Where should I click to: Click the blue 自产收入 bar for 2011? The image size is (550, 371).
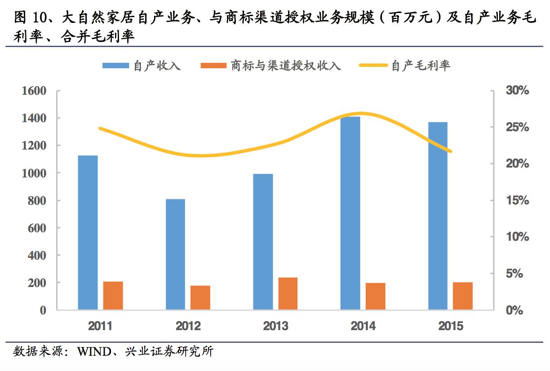pyautogui.click(x=88, y=232)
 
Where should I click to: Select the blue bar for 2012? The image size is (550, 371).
pyautogui.click(x=175, y=254)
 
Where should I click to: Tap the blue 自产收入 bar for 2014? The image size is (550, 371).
pyautogui.click(x=350, y=213)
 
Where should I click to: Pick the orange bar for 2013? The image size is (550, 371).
pyautogui.click(x=288, y=293)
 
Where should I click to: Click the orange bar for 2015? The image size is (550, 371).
pyautogui.click(x=462, y=296)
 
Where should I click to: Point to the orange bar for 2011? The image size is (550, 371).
pyautogui.click(x=113, y=295)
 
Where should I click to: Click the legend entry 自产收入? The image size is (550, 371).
pyautogui.click(x=141, y=66)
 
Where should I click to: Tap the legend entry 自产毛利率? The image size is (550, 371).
pyautogui.click(x=404, y=66)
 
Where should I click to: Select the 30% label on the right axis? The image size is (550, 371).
pyautogui.click(x=517, y=91)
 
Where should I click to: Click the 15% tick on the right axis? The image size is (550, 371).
pyautogui.click(x=517, y=200)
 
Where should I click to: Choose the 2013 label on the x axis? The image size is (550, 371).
pyautogui.click(x=275, y=326)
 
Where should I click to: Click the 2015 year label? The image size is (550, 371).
pyautogui.click(x=450, y=326)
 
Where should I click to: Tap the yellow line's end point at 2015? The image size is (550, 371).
pyautogui.click(x=450, y=151)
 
